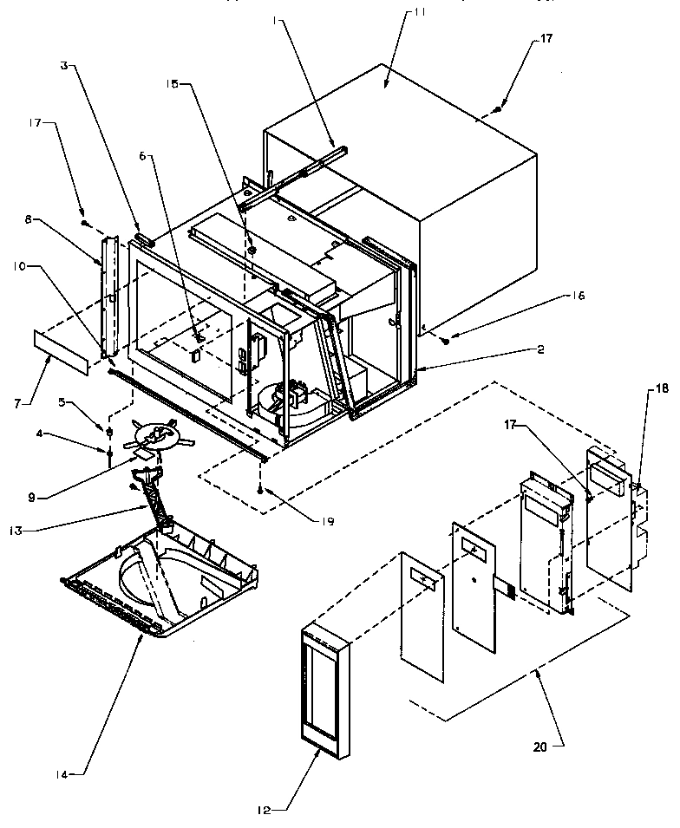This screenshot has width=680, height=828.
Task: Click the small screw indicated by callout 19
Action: tap(259, 491)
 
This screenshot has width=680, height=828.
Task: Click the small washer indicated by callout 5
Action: tap(110, 431)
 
